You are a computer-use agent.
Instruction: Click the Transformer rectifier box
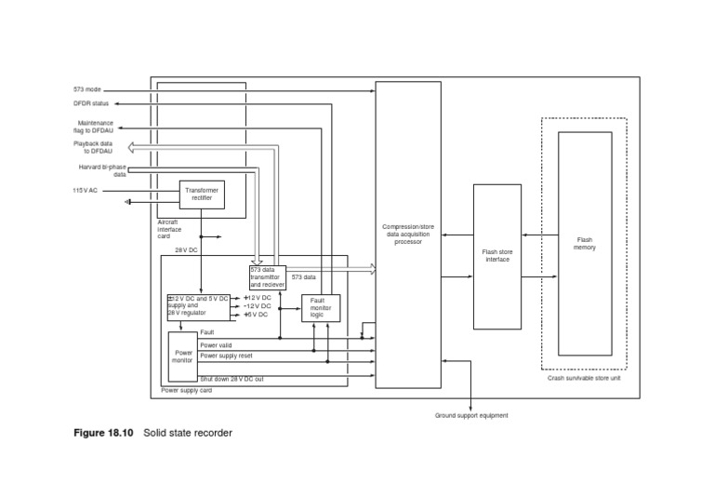202,194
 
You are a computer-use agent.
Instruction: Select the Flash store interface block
502,255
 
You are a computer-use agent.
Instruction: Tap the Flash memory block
584,243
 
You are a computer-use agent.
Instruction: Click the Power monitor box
182,356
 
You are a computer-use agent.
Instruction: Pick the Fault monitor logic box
321,307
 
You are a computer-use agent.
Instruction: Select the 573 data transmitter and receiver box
267,276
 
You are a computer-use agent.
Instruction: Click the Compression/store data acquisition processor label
407,234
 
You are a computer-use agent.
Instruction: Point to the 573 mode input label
86,89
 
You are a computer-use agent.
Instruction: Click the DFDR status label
91,103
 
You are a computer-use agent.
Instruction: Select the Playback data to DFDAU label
93,147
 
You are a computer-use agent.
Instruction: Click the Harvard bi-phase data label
102,170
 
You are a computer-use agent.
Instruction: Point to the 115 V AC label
86,190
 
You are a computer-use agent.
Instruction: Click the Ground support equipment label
471,415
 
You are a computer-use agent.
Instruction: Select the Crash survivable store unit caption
584,378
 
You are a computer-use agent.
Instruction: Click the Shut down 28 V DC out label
231,379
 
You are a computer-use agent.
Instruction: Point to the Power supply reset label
226,356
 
